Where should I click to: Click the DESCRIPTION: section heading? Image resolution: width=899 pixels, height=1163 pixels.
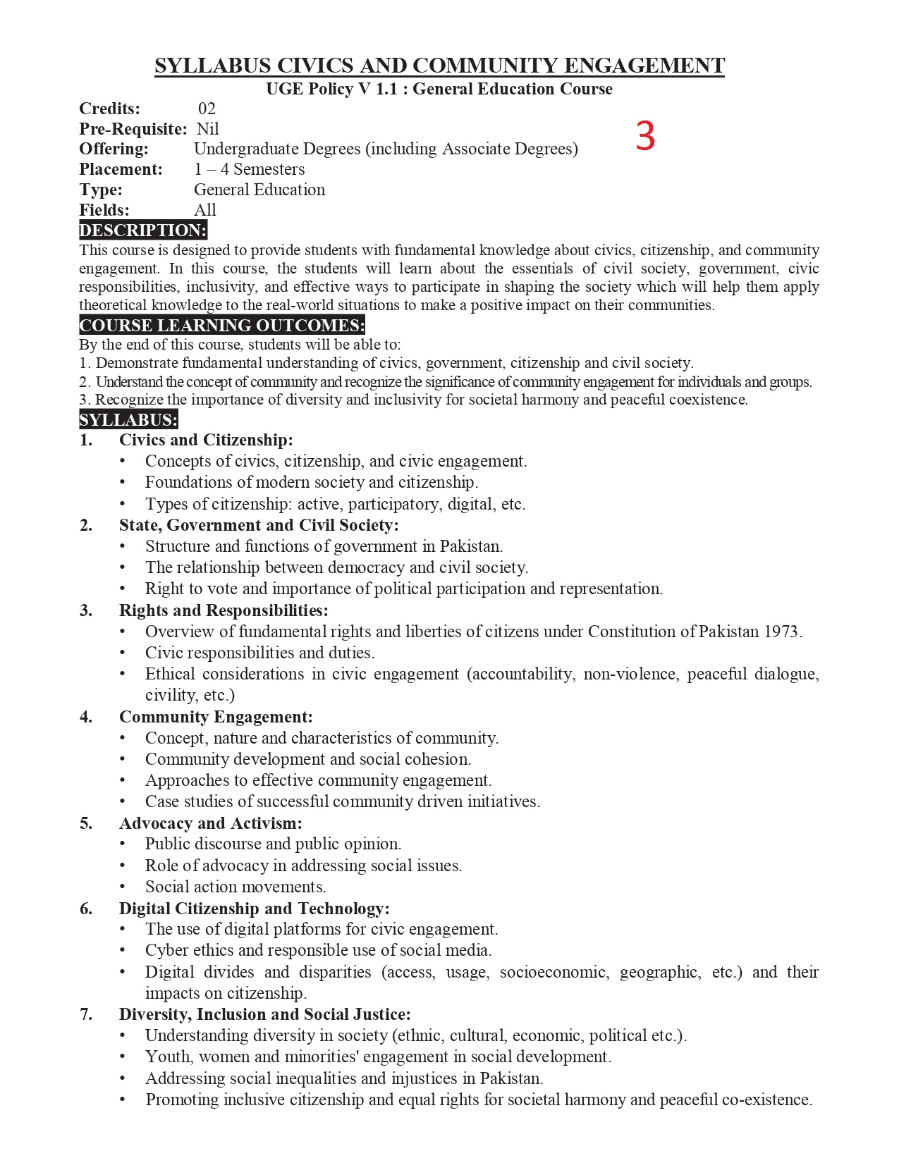point(143,230)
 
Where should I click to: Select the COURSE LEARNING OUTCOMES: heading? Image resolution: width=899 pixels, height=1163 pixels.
point(222,326)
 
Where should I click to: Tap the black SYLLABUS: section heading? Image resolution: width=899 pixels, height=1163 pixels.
point(128,420)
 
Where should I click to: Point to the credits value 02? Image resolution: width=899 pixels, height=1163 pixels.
point(207,109)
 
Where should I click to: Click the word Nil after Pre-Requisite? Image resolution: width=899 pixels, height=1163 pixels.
point(208,129)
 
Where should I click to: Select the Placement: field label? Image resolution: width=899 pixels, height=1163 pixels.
point(121,170)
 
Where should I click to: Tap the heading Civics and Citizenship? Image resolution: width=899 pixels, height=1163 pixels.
point(206,441)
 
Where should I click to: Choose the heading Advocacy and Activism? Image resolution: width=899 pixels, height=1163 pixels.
point(210,823)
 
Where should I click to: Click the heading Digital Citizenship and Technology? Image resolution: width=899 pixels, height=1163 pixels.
point(254,909)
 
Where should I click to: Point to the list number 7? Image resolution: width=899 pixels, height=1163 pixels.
point(86,1014)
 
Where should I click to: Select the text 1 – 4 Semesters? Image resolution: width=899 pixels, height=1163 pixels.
point(250,170)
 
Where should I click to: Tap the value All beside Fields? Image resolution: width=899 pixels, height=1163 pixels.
point(205,210)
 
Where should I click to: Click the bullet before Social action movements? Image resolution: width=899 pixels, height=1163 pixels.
point(123,887)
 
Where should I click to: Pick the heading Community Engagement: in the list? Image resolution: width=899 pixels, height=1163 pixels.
point(216,717)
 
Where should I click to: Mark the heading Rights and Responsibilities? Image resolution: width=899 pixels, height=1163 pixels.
point(224,610)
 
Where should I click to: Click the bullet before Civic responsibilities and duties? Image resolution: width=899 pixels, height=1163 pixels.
point(123,653)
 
